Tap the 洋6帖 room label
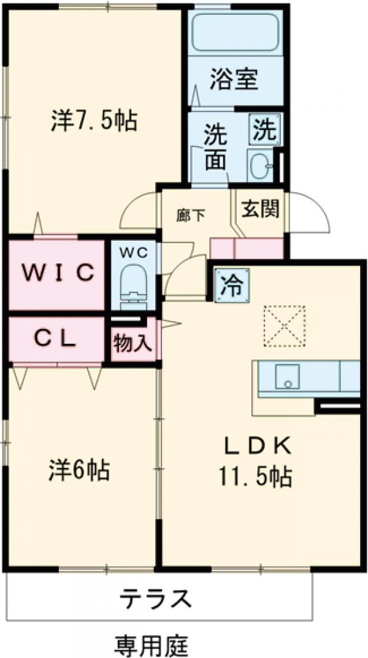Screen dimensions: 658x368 pyautogui.click(x=80, y=471)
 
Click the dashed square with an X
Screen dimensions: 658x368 pyautogui.click(x=284, y=327)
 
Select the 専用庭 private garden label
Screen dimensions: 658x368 pyautogui.click(x=151, y=643)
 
